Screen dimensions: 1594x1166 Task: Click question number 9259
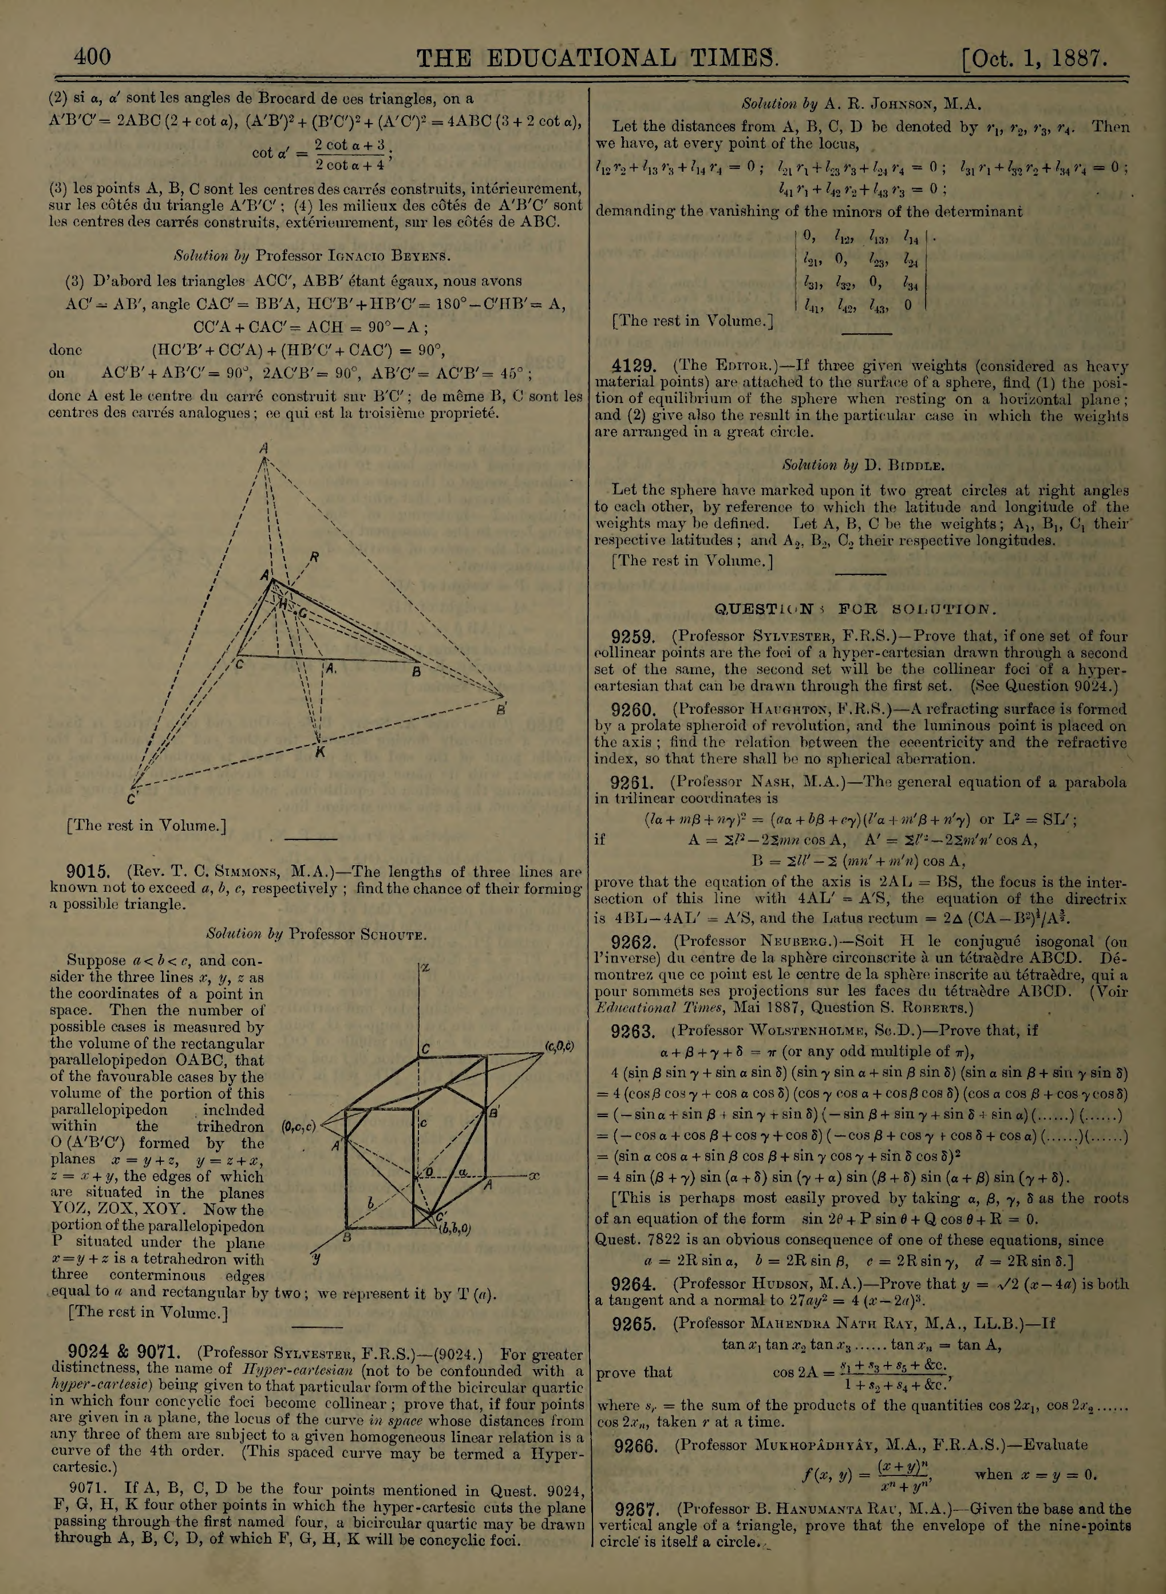point(634,636)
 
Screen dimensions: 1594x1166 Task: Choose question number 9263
point(634,1030)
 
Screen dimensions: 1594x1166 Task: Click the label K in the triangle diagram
point(320,752)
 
